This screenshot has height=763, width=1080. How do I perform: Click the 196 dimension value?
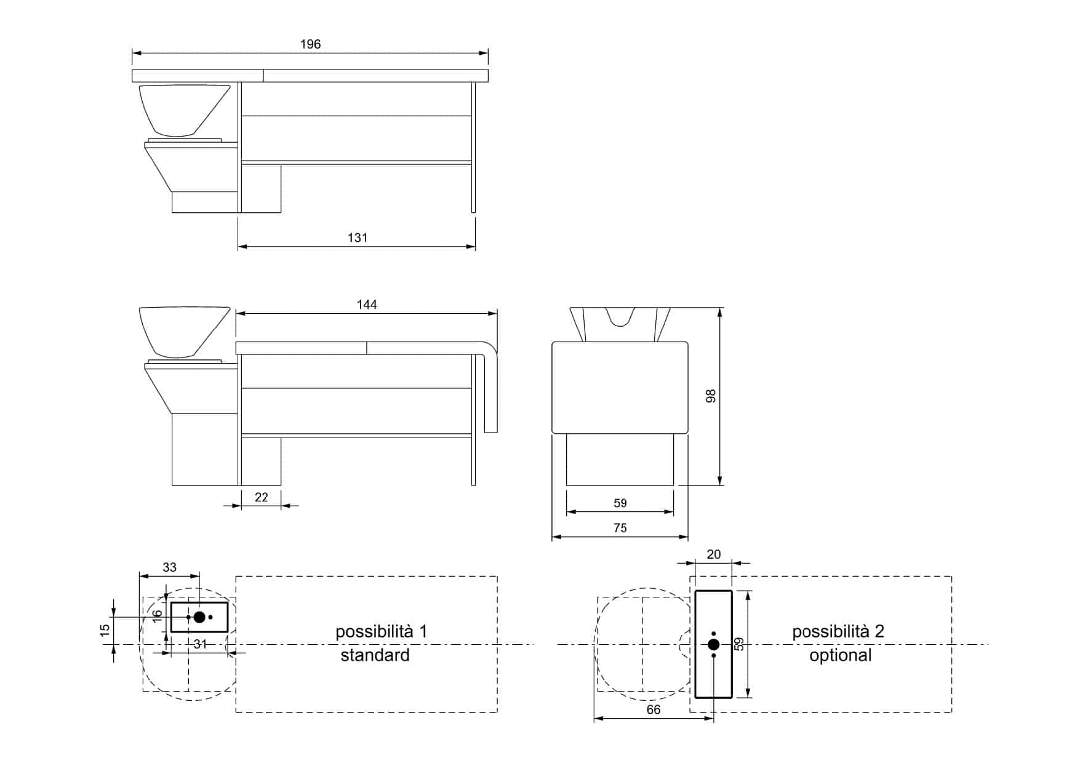coord(310,44)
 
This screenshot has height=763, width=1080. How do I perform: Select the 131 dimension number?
coord(358,238)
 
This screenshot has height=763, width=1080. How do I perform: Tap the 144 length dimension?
coord(367,305)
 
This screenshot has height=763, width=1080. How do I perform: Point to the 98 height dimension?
coord(711,396)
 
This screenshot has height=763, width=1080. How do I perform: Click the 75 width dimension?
coord(620,528)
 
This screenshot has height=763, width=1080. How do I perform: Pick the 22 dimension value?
coord(262,497)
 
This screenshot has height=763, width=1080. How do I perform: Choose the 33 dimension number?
coord(169,567)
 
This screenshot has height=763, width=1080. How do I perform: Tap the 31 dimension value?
coord(200,644)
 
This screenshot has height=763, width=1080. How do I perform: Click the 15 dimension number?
coord(105,630)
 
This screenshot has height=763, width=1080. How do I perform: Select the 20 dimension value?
coord(713,554)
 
